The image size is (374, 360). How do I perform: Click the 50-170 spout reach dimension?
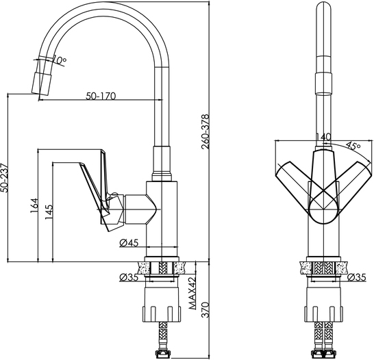tap(101, 96)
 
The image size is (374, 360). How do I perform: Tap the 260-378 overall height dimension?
tap(205, 132)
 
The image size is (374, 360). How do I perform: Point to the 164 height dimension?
tap(34, 205)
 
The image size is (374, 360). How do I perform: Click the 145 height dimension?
tap(49, 212)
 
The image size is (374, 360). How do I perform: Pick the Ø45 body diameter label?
tap(129, 243)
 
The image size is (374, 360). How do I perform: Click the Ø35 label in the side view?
tap(129, 277)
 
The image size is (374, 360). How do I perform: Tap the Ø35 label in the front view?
tap(356, 277)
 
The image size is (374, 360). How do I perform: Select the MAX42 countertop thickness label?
tap(192, 293)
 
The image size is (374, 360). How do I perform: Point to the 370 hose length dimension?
tap(205, 309)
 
